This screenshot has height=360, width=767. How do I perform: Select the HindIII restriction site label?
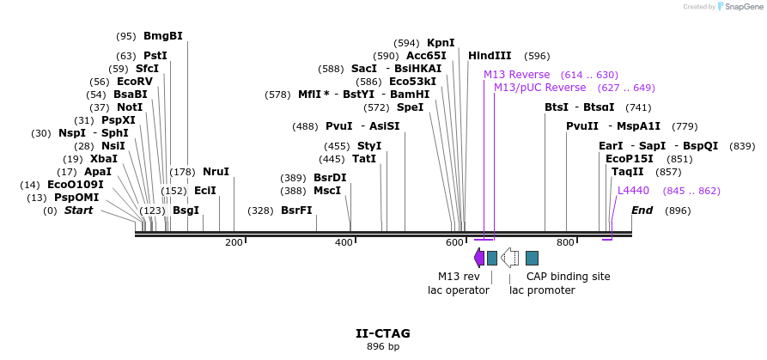490,56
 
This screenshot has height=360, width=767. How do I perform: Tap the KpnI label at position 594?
441,43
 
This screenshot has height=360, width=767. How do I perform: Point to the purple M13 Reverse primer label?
516,75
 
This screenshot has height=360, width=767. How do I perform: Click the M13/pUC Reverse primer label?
539,88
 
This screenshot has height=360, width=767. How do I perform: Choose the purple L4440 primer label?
633,191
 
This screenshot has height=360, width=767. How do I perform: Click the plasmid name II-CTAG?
383,333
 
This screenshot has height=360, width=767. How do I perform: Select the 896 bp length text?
383,347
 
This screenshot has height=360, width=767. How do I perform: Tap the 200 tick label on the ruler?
234,243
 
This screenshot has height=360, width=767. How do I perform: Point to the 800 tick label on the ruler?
565,243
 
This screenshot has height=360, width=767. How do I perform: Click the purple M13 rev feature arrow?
479,257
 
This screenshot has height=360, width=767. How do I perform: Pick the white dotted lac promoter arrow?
509,257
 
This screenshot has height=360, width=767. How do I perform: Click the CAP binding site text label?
568,277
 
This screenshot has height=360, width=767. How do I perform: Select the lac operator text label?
459,290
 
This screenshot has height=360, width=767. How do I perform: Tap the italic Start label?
78,211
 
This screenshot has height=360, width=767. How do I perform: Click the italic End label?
642,211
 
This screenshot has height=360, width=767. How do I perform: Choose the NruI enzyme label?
216,172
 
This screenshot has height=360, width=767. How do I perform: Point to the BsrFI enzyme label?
296,211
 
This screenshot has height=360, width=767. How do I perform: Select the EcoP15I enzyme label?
629,159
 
